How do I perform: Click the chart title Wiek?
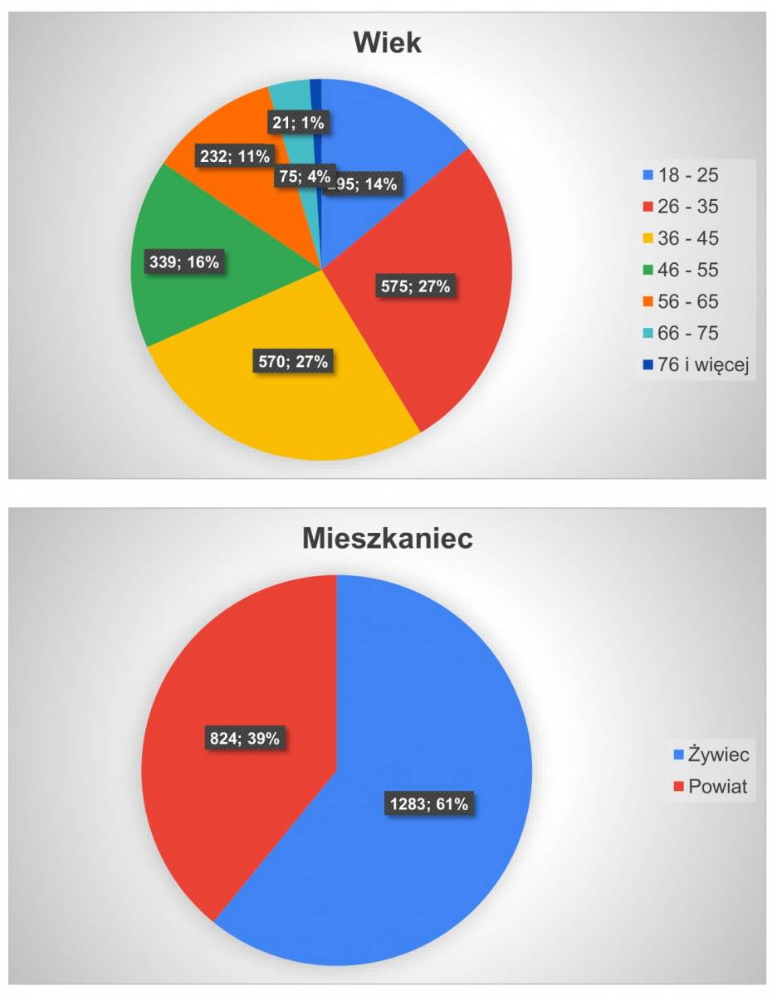pos(387,43)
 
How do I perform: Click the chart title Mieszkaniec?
pos(387,538)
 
